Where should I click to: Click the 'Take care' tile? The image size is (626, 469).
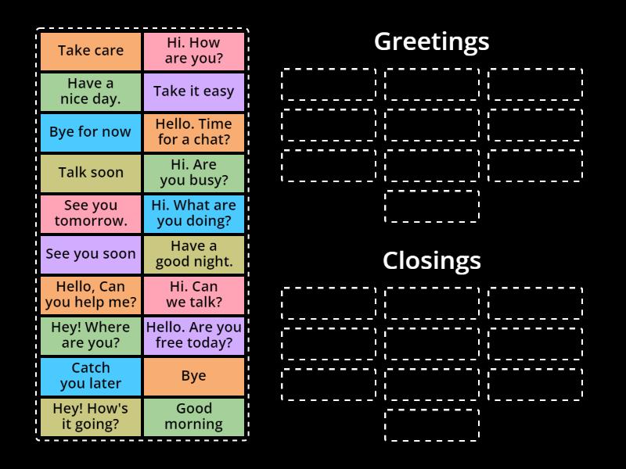[91, 51]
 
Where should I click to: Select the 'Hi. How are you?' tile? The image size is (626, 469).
[194, 51]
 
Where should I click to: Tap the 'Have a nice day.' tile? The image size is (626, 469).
[91, 91]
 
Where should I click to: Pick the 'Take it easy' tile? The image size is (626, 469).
[194, 91]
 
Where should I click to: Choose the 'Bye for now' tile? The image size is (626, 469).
[91, 132]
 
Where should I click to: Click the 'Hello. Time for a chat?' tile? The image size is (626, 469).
[194, 132]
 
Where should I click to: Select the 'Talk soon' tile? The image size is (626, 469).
[91, 173]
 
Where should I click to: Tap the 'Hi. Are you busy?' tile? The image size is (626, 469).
[194, 173]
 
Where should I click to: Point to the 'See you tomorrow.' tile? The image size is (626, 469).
[91, 213]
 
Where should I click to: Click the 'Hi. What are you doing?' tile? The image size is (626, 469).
[194, 213]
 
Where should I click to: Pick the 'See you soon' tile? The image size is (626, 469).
[91, 254]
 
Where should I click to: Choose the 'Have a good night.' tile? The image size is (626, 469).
[194, 254]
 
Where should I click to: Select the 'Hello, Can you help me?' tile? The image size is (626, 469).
[91, 295]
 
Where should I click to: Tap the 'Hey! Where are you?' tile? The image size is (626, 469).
[91, 335]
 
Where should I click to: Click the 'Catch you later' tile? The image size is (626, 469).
[91, 376]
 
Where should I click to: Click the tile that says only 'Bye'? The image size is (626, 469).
[194, 376]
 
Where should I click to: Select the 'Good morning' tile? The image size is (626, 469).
[194, 417]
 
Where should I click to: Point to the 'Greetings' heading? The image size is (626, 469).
[431, 41]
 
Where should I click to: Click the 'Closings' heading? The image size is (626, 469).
[431, 260]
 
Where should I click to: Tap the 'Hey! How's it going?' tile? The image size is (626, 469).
[91, 417]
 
